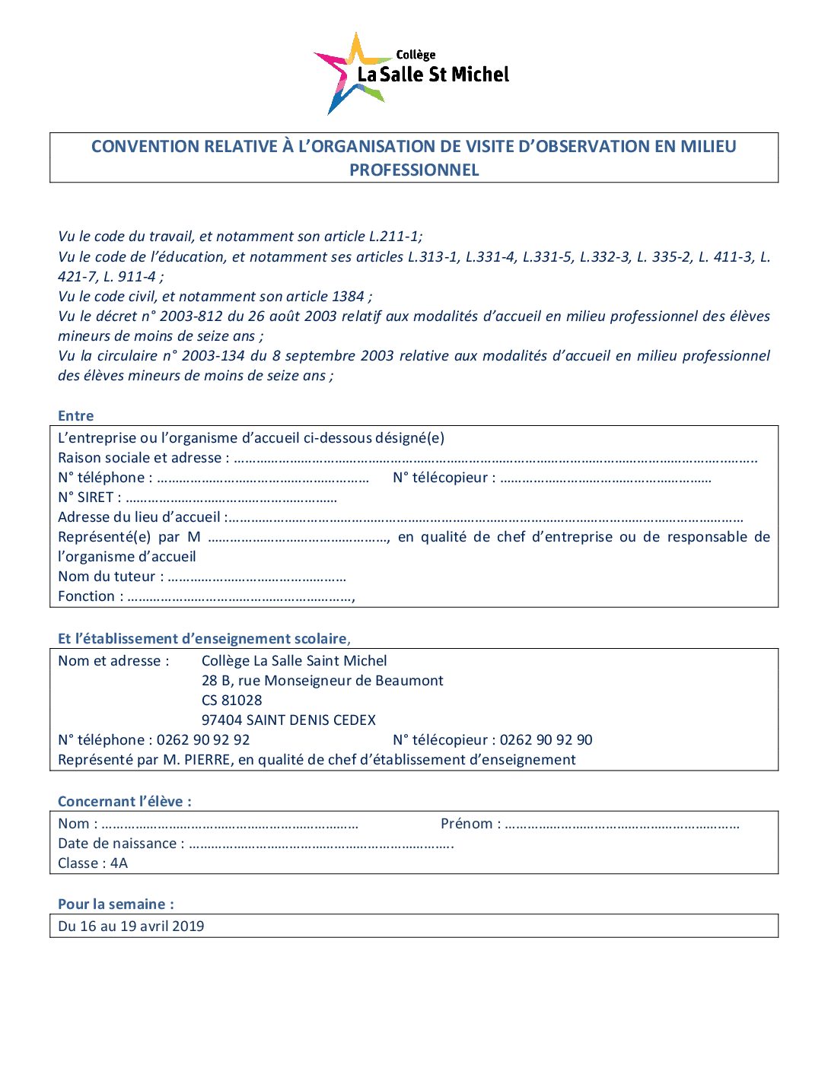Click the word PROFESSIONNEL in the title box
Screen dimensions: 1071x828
pos(414,170)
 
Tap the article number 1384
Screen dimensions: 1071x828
pos(348,297)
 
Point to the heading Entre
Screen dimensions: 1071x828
pos(76,416)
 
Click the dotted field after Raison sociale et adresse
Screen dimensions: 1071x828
pos(495,459)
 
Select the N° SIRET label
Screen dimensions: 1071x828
pos(86,497)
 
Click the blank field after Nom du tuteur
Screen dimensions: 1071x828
pos(256,577)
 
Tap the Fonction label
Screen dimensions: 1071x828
pos(87,596)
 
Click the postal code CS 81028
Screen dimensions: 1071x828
pos(232,701)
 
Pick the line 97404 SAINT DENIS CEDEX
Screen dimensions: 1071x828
pos(288,720)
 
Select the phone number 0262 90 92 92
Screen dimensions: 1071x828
pos(203,740)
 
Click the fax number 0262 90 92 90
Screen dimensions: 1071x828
pos(546,740)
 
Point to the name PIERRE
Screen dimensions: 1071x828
pos(206,760)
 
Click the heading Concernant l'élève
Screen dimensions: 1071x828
pos(125,802)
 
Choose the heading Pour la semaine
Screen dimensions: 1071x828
pos(116,904)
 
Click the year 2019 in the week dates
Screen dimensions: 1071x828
pos(188,926)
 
